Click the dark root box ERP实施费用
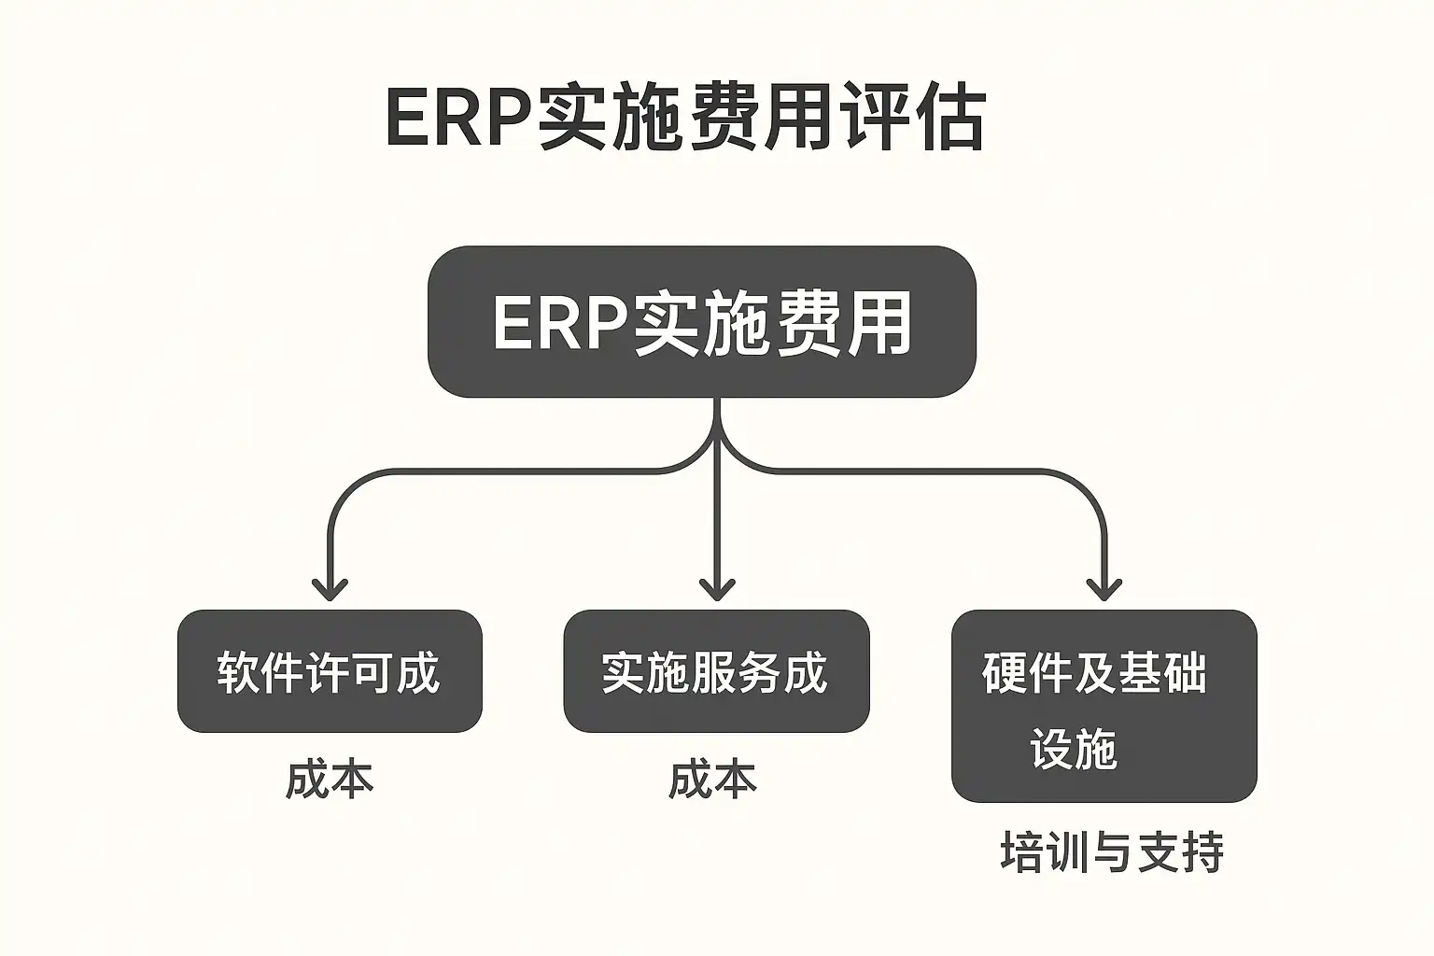[x=701, y=322]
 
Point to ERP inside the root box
[x=559, y=324]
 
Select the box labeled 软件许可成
[x=330, y=671]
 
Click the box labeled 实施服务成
[x=716, y=671]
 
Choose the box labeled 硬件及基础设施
[x=1104, y=706]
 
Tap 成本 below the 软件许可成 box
[x=330, y=780]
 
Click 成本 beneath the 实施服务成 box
[x=712, y=780]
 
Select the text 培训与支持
[x=1112, y=851]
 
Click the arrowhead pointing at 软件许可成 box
[x=330, y=590]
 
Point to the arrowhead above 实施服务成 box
[x=717, y=590]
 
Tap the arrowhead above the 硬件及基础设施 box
[x=1104, y=590]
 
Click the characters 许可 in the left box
[x=351, y=672]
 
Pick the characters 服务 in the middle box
[x=737, y=672]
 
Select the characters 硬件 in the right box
[x=1025, y=672]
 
